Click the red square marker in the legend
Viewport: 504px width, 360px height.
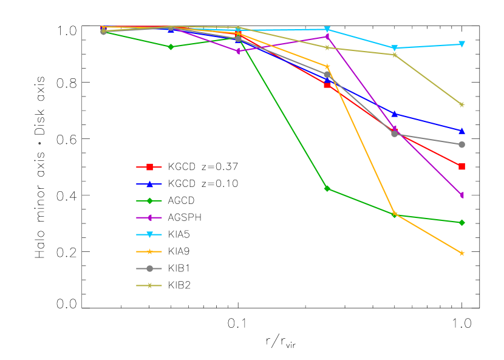(149, 167)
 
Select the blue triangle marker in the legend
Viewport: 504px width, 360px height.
(149, 184)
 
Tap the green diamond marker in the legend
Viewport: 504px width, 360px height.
(149, 201)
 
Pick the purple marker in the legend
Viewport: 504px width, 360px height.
(149, 217)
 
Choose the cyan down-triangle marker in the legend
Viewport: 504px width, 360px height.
(149, 234)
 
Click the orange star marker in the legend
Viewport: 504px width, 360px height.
(149, 251)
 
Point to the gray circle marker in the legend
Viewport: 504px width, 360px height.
(149, 268)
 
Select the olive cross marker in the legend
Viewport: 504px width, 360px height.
(149, 285)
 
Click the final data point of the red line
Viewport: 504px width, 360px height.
(461, 166)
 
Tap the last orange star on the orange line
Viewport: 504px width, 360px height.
(461, 253)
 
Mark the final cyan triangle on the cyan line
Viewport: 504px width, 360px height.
(461, 44)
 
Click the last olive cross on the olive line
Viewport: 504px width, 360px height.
(461, 104)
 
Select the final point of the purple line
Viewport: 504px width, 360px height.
(461, 195)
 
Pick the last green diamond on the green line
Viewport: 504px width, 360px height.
(461, 223)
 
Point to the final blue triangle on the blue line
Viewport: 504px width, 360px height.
(461, 131)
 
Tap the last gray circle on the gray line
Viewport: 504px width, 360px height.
(461, 144)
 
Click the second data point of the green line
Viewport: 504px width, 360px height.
(170, 47)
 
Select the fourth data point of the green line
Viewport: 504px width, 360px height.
(327, 188)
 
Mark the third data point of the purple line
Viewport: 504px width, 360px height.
(238, 51)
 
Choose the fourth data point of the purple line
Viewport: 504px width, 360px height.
(327, 36)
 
